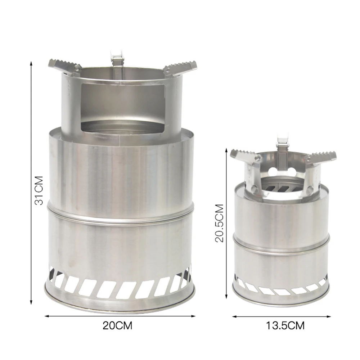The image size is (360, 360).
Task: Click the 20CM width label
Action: pos(117,326)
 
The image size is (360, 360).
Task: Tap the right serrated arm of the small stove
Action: pos(321,157)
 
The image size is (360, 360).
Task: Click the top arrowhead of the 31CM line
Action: pos(32,63)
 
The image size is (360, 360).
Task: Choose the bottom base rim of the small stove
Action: pos(281,301)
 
